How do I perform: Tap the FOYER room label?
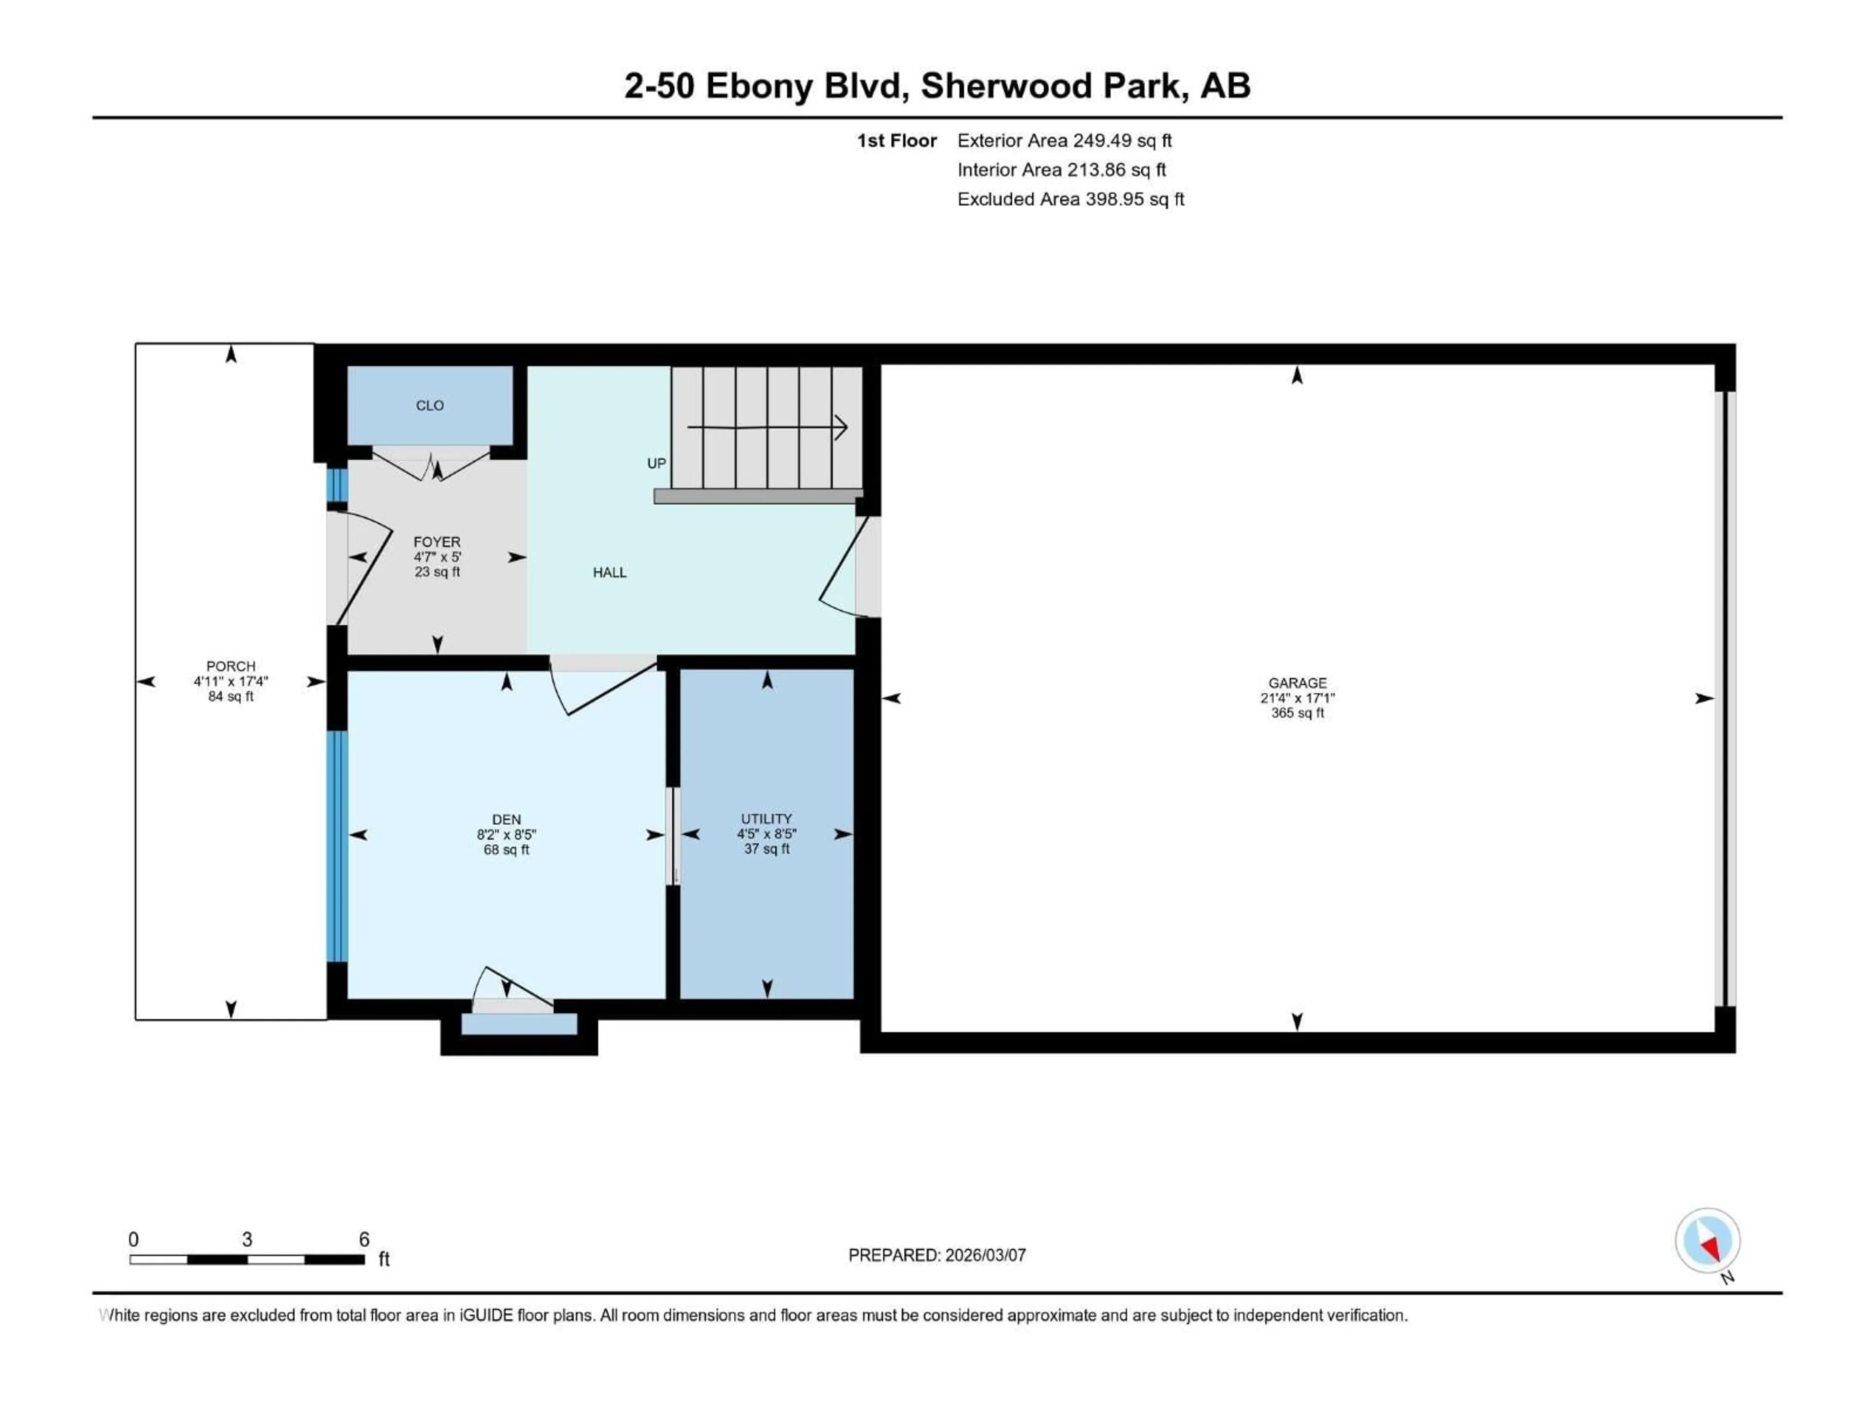tap(437, 542)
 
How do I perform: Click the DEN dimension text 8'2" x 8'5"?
tap(506, 834)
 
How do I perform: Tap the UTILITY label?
tap(766, 818)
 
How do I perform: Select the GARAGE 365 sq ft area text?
tap(1297, 713)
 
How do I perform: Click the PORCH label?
tap(231, 666)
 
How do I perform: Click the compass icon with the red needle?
tap(1707, 1241)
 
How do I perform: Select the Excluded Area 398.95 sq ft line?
tap(1070, 199)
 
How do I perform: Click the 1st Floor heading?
tap(896, 141)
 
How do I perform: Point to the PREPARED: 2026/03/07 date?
tap(937, 1255)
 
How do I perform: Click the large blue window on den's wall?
tap(337, 846)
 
